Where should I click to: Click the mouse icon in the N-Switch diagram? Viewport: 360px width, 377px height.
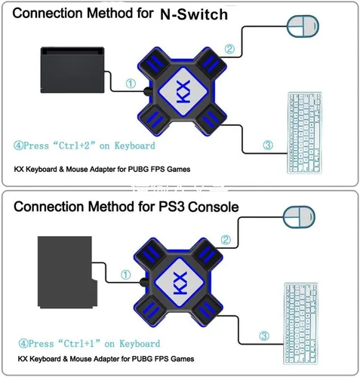[303, 26]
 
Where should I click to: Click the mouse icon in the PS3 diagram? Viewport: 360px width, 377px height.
[299, 217]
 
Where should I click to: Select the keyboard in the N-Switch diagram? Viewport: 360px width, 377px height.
[304, 133]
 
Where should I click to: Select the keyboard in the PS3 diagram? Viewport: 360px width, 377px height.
[301, 323]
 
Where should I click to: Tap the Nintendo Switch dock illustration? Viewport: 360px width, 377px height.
[72, 70]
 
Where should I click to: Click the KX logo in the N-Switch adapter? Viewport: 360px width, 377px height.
[183, 91]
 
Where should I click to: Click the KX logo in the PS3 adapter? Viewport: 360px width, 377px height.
[180, 282]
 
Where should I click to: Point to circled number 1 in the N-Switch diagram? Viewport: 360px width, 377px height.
[131, 84]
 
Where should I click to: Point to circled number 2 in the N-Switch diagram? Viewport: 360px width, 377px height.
[229, 49]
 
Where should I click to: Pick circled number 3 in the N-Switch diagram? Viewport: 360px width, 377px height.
[268, 145]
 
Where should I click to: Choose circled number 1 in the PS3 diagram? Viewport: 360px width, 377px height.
[126, 274]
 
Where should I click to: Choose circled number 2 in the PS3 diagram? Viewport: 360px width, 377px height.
[226, 240]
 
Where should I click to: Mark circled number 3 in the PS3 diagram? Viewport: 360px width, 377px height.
[264, 336]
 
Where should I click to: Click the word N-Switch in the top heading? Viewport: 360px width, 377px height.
[194, 14]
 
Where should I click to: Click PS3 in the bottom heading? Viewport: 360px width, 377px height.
[172, 207]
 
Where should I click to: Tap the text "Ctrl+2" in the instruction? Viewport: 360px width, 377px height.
[74, 146]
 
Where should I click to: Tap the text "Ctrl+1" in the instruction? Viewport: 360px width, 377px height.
[79, 343]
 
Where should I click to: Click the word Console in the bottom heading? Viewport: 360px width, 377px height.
[214, 207]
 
